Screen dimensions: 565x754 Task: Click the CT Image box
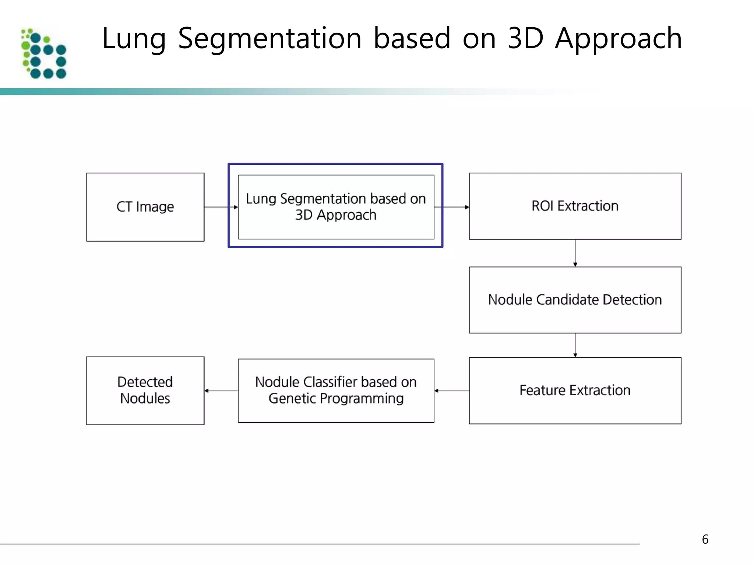pos(145,207)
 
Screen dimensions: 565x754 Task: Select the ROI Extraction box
pos(575,206)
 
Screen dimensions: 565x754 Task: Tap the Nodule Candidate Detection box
pos(575,300)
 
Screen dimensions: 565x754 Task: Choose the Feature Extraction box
pos(575,390)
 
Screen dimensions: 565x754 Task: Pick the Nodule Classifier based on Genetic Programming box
pos(336,390)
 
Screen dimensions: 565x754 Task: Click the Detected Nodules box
pos(145,390)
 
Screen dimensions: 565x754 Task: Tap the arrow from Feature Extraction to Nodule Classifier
pos(452,391)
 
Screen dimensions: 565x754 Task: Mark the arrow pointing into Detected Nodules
pos(221,391)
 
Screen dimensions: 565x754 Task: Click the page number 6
pos(705,539)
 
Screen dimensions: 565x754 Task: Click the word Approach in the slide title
pos(618,39)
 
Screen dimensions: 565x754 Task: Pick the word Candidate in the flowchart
pos(567,300)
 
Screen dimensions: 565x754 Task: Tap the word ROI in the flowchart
pos(542,206)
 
